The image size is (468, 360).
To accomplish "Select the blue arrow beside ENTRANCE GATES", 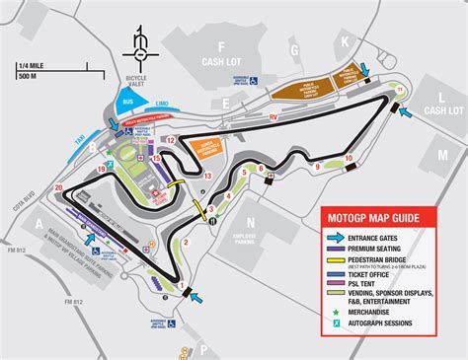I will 336,238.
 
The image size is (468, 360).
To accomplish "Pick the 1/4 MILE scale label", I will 30,66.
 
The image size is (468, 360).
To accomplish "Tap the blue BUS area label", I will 125,101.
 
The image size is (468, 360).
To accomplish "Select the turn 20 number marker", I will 59,186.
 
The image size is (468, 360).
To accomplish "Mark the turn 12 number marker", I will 170,140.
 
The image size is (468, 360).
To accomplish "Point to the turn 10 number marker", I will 349,158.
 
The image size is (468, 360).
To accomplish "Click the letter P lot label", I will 202,348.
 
